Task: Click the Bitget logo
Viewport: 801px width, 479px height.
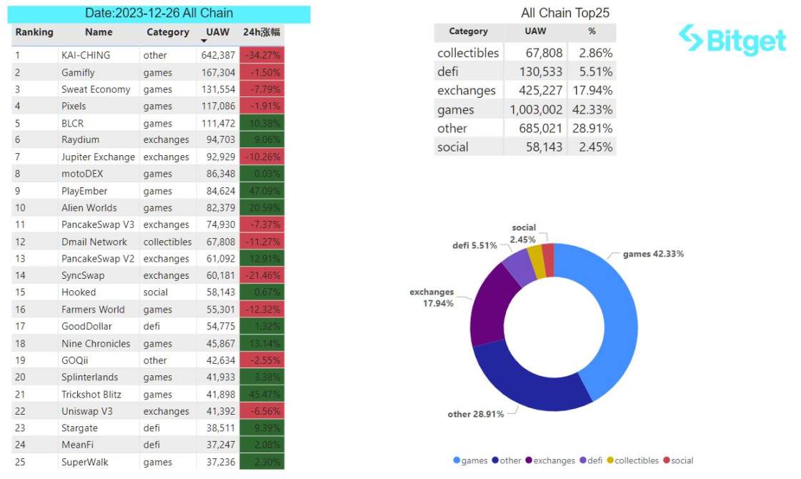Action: pos(732,40)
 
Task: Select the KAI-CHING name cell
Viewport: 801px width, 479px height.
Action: pos(86,55)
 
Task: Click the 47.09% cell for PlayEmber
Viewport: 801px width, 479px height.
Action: pos(262,191)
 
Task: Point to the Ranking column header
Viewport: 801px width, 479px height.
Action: pos(34,32)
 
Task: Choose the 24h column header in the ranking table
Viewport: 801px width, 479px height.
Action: pos(262,32)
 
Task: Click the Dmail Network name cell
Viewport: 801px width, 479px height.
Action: pos(94,242)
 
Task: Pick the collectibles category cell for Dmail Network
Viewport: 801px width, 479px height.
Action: pos(167,242)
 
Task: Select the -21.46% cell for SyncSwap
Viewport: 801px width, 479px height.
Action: pos(262,275)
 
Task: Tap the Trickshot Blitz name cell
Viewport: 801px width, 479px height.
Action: pos(91,394)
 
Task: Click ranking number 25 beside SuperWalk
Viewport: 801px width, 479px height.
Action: pos(20,462)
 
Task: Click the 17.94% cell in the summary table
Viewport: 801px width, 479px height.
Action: pos(592,90)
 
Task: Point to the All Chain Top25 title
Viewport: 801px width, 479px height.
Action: pos(565,13)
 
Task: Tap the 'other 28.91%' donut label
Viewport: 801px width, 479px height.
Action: pos(476,414)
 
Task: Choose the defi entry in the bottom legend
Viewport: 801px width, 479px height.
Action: pos(591,460)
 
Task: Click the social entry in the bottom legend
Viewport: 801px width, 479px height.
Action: pos(678,460)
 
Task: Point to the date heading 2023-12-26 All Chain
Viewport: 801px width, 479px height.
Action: pos(159,13)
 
